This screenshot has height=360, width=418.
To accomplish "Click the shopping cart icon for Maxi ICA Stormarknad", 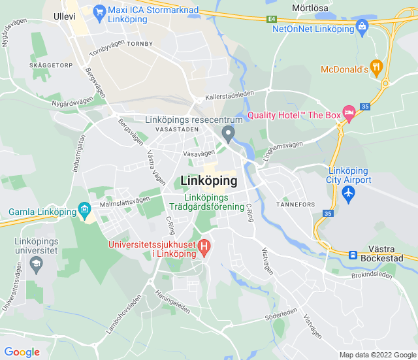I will click(99, 11).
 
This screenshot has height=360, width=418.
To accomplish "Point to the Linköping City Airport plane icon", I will click(349, 193).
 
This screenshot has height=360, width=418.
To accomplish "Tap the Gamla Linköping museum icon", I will click(84, 210).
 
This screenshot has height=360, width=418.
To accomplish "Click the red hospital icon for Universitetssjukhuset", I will click(204, 247).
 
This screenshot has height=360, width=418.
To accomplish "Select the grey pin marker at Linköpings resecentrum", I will click(228, 135).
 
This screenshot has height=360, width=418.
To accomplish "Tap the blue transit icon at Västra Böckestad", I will click(353, 255).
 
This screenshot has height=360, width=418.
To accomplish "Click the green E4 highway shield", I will click(271, 20).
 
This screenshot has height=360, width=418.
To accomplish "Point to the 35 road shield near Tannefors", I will click(328, 213).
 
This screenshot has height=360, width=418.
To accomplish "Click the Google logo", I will click(22, 352).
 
